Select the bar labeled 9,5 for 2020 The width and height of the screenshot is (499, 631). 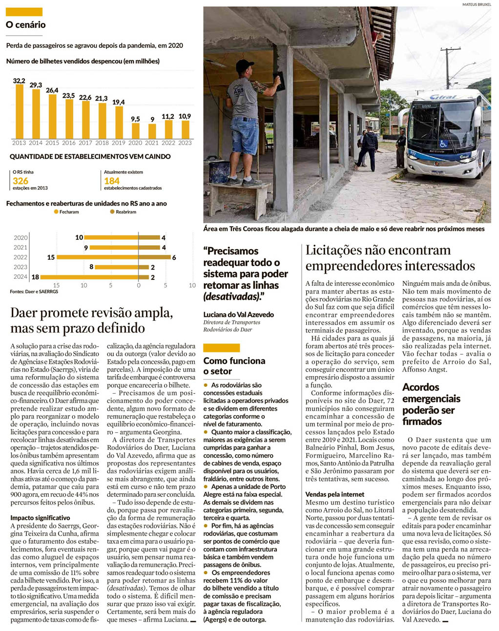pos(135,130)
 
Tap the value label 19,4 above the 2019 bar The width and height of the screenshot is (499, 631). pos(119,102)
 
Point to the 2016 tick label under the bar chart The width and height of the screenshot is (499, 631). pos(69,143)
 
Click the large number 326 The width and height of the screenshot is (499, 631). pos(21,181)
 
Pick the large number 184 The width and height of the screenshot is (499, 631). pos(112,181)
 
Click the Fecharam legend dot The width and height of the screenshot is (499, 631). pos(56,212)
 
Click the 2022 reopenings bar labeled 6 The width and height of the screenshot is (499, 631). pos(155,257)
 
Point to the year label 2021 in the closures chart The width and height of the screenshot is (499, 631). pos(21,248)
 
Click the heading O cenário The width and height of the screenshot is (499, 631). pos(26,25)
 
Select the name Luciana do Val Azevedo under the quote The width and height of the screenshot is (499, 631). pos(239,315)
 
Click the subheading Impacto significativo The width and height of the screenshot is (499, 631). pos(40,518)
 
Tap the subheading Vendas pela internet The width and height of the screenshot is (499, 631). pos(335,494)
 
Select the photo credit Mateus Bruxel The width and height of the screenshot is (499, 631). pos(476,4)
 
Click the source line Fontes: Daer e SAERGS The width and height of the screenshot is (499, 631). pos(34,292)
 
